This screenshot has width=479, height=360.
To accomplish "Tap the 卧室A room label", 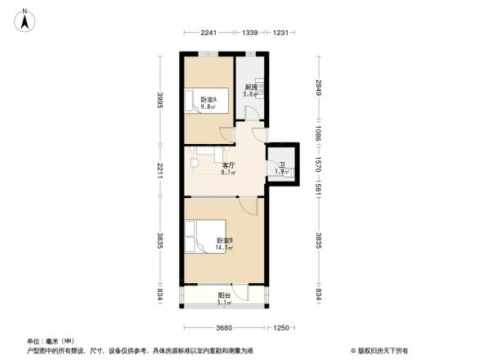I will tap(208, 100).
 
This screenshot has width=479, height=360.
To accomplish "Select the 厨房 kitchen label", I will tap(251, 87).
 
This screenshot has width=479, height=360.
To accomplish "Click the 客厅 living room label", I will tap(229, 165).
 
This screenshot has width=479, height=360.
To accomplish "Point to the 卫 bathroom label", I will tap(282, 165).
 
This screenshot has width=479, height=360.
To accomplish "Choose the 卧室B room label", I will tap(225, 240).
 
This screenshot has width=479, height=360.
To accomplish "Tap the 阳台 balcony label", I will tap(223, 295).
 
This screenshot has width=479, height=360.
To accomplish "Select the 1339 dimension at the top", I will tap(250, 32).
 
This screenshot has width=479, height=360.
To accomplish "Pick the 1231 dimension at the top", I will tap(281, 32).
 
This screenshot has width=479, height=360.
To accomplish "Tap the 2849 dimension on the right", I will tap(319, 87).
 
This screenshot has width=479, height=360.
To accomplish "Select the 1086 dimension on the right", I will tap(319, 132).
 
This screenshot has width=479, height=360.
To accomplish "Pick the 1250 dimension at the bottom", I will tap(282, 328).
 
